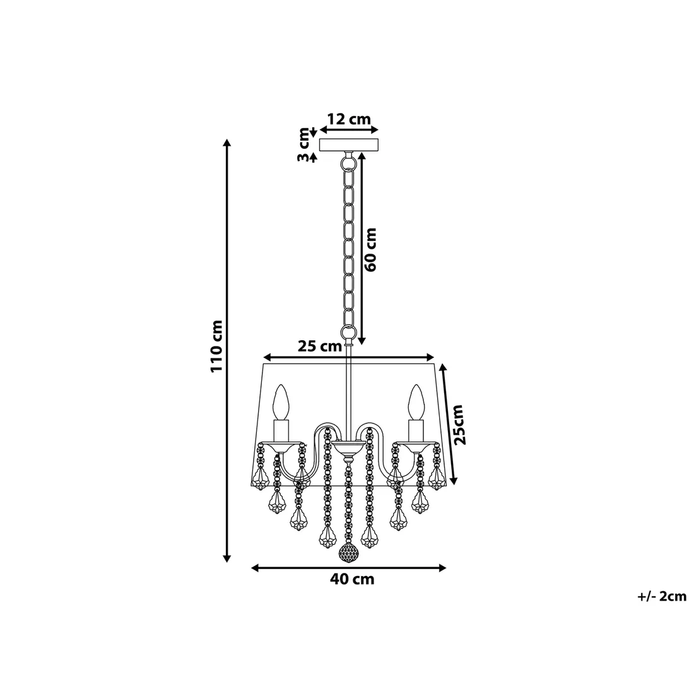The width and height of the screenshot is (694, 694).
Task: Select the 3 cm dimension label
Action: coord(305,145)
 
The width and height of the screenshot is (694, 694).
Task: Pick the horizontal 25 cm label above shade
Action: coord(319,346)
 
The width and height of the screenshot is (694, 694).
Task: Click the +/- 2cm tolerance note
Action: coord(661,596)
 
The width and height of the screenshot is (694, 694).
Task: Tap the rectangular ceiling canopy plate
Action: coord(349,144)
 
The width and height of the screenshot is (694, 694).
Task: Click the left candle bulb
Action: coord(281,402)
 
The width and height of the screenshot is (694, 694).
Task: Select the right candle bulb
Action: coord(415,402)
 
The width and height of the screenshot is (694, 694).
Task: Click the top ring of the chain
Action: coord(348,163)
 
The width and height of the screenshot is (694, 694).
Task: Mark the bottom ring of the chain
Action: coord(348,331)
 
